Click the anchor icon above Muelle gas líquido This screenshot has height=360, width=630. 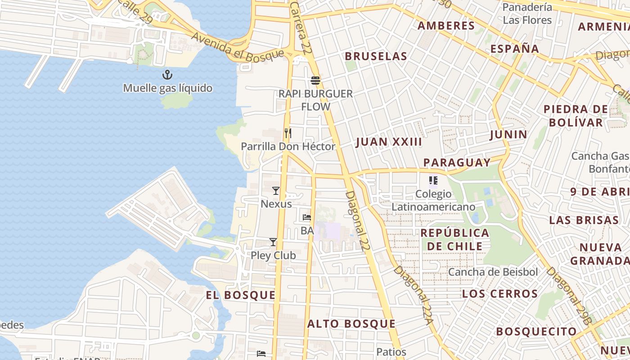click(x=167, y=75)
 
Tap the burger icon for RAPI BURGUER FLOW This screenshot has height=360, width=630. click(x=315, y=81)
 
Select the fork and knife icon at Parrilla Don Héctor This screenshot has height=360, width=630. click(x=288, y=133)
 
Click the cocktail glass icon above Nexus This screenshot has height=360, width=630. click(x=276, y=191)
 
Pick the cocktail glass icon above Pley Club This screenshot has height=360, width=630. click(x=273, y=242)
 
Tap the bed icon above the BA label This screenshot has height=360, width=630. click(x=307, y=217)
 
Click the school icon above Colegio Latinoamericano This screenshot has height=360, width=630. click(x=433, y=181)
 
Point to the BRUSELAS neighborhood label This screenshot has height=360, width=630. click(x=376, y=56)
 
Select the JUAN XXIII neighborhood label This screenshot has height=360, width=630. click(x=389, y=142)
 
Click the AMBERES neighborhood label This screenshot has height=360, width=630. click(x=446, y=26)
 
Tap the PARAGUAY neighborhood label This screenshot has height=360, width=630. click(x=457, y=162)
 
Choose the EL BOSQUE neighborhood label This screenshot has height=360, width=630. click(x=240, y=295)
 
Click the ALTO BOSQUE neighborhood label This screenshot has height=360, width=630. click(x=351, y=324)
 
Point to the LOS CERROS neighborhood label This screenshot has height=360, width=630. click(x=500, y=294)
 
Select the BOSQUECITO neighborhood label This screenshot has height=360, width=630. click(x=536, y=332)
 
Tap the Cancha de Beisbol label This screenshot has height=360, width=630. click(x=493, y=272)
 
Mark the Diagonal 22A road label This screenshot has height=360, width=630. click(x=414, y=295)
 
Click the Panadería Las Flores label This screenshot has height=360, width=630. click(x=527, y=13)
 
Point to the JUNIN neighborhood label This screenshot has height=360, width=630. click(x=508, y=134)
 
